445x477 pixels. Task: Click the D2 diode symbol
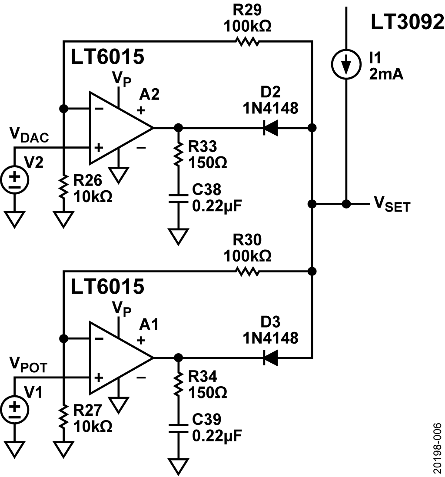(271, 128)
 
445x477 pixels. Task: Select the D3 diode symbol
(271, 358)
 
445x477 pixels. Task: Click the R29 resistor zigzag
(247, 42)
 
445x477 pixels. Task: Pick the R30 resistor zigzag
(247, 272)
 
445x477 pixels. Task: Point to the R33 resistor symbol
(178, 155)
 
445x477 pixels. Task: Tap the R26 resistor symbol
(64, 186)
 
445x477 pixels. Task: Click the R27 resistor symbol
(64, 416)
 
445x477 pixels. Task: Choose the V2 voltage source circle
(15, 179)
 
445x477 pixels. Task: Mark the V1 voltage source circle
(15, 409)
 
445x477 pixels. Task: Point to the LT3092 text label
(407, 22)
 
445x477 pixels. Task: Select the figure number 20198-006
(437, 447)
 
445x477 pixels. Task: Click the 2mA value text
(386, 74)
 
